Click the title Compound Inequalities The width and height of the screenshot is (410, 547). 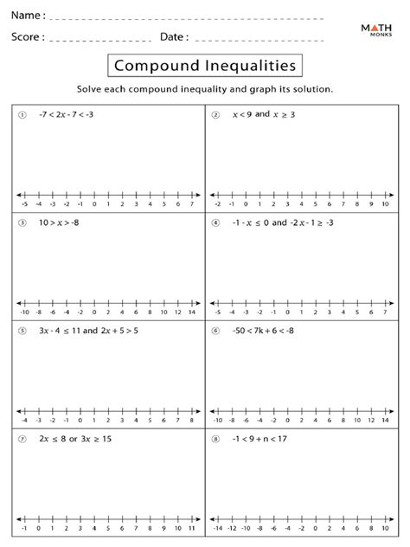click(205, 66)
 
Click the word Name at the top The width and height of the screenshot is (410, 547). click(27, 16)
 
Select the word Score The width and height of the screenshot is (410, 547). click(28, 37)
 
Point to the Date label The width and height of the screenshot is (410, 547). click(174, 37)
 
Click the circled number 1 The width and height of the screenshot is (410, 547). click(22, 114)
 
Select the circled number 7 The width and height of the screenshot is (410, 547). click(22, 439)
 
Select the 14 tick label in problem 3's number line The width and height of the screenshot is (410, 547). click(192, 312)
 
